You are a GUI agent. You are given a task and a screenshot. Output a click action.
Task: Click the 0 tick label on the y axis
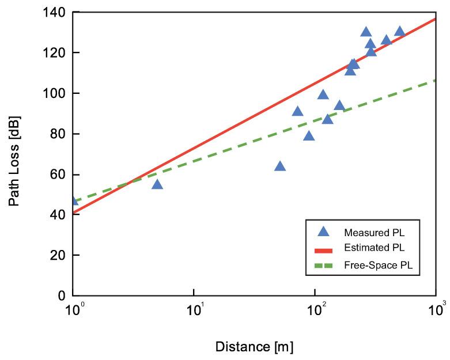tap(62, 296)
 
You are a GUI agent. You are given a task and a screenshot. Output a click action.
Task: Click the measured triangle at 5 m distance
tap(157, 184)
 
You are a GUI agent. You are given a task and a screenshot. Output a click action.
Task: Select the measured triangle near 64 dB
tap(280, 166)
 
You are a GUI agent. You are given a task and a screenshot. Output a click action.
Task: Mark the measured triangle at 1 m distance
tap(73, 200)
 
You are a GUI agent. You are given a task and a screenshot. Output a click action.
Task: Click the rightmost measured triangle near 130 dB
tap(399, 32)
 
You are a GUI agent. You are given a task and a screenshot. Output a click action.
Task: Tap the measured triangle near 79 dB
tap(309, 136)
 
